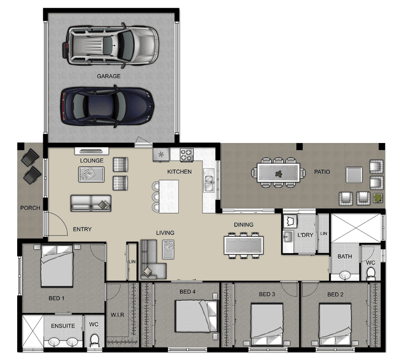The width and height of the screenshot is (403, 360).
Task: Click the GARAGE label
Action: [108, 76]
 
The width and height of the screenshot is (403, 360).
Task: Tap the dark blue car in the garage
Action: [107, 106]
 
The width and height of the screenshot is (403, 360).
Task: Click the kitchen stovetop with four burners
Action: [186, 155]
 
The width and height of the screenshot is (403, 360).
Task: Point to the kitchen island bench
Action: [169, 196]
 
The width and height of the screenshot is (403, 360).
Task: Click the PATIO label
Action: [322, 172]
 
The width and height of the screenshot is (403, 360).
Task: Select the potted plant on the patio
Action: [378, 198]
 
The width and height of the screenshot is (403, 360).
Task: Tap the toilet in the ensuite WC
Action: [94, 340]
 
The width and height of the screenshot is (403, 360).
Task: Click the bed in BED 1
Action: [57, 266]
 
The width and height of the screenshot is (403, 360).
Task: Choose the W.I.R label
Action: [117, 315]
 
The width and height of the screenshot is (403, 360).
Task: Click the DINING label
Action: [244, 225]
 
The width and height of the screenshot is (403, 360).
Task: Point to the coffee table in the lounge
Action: [91, 175]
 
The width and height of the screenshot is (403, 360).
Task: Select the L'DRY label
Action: [305, 235]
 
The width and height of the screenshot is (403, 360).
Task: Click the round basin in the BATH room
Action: [345, 276]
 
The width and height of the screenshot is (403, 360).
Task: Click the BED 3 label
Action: [267, 294]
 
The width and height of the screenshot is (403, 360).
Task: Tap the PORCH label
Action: [30, 208]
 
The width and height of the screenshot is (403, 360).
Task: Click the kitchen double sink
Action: [209, 180]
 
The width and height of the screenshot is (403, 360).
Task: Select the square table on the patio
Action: [354, 175]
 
